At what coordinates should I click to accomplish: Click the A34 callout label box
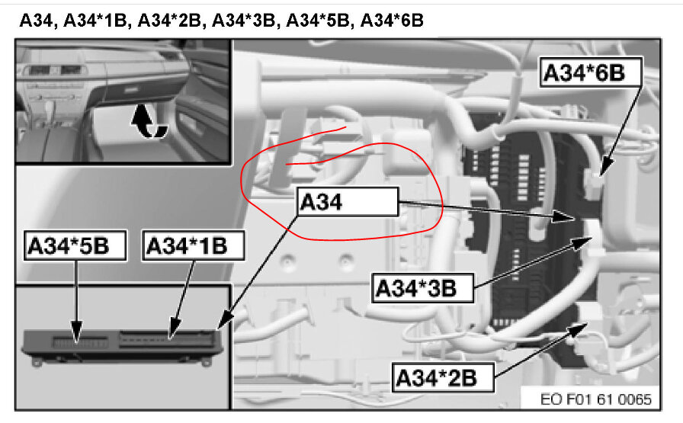[x=347, y=202]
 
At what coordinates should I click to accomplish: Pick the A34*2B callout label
[x=443, y=376]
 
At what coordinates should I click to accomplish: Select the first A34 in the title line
[x=37, y=21]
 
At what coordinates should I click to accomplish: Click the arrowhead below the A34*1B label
[x=172, y=334]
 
